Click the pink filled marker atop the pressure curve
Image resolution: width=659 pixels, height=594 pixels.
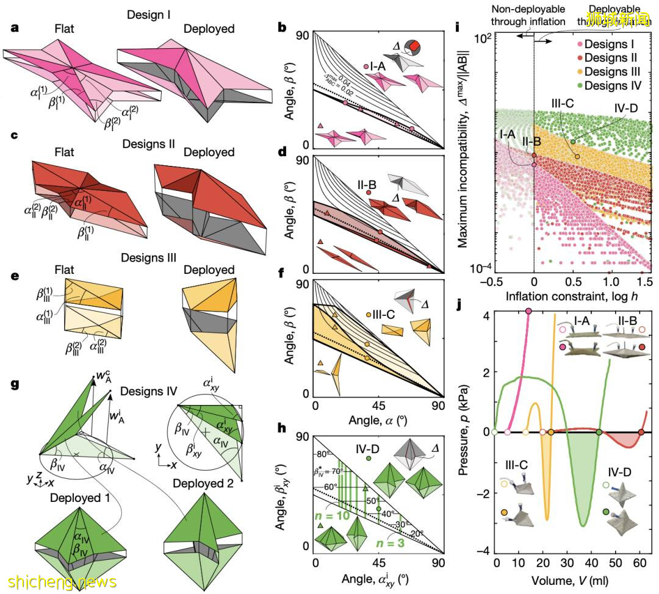528,311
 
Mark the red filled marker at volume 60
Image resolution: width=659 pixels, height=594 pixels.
641,432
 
